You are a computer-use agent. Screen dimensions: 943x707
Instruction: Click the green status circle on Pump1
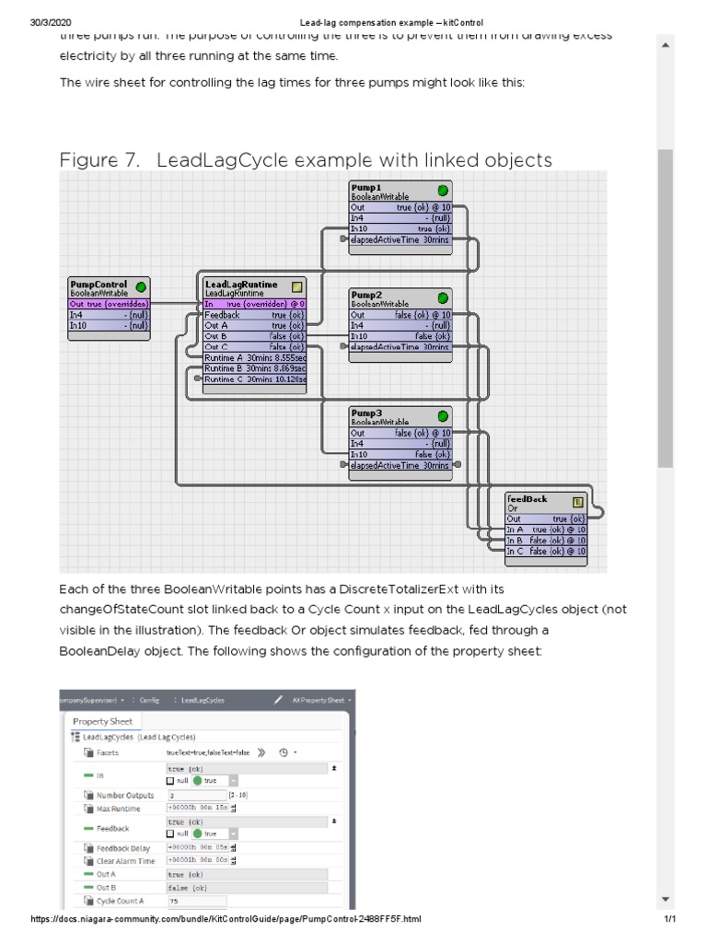[443, 191]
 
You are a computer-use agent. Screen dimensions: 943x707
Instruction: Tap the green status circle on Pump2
[443, 297]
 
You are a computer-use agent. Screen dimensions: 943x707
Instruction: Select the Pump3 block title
[365, 413]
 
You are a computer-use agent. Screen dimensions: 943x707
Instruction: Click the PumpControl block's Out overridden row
[109, 304]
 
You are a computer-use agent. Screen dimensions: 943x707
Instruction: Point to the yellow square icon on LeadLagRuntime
[297, 286]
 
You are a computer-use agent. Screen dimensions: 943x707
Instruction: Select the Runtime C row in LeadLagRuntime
[255, 378]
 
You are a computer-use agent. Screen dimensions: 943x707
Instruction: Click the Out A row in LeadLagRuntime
[255, 325]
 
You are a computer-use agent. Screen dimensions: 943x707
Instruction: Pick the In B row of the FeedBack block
[545, 541]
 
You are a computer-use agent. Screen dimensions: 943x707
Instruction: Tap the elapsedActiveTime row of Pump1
[400, 239]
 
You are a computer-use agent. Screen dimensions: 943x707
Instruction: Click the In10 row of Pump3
[400, 454]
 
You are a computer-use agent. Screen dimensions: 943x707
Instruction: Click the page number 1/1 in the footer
[670, 919]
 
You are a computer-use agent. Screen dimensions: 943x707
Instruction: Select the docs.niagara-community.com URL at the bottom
[226, 919]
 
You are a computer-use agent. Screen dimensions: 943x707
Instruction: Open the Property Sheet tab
[102, 721]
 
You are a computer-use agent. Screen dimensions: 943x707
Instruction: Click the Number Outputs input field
[196, 795]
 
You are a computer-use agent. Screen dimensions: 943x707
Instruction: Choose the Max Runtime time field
[196, 809]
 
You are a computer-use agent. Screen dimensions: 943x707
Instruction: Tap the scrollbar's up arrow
[665, 45]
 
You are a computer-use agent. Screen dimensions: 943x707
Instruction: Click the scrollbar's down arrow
[665, 899]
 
